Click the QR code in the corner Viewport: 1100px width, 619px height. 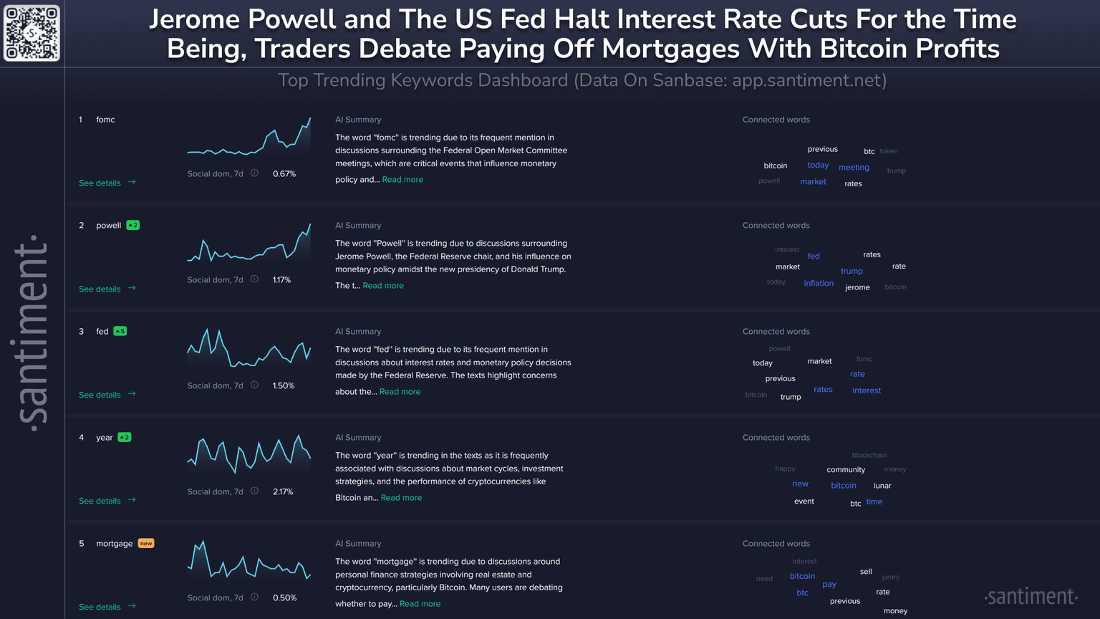tap(32, 33)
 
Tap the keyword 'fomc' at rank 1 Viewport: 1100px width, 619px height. tap(105, 120)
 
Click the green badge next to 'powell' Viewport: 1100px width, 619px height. tap(132, 225)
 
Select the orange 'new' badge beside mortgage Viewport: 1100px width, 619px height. tap(146, 543)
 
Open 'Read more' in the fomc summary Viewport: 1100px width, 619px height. tap(402, 180)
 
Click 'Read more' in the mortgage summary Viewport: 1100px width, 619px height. tap(420, 604)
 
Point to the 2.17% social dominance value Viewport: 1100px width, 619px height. tap(283, 491)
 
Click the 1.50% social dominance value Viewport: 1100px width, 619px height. tap(284, 385)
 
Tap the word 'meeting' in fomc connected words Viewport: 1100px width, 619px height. tap(854, 168)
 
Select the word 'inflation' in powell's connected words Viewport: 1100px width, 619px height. tap(819, 284)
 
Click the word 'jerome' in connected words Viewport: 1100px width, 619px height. tap(857, 287)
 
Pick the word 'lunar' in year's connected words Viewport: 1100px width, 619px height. tap(882, 486)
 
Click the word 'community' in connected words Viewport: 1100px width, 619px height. tap(846, 470)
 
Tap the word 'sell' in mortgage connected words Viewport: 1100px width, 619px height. tap(866, 572)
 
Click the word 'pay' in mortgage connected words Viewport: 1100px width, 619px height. tap(829, 585)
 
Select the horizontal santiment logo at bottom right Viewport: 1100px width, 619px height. tap(1031, 597)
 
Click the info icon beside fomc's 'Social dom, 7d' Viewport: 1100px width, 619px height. tap(254, 173)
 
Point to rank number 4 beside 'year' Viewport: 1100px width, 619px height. tap(82, 438)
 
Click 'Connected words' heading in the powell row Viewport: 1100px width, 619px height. tap(776, 226)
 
